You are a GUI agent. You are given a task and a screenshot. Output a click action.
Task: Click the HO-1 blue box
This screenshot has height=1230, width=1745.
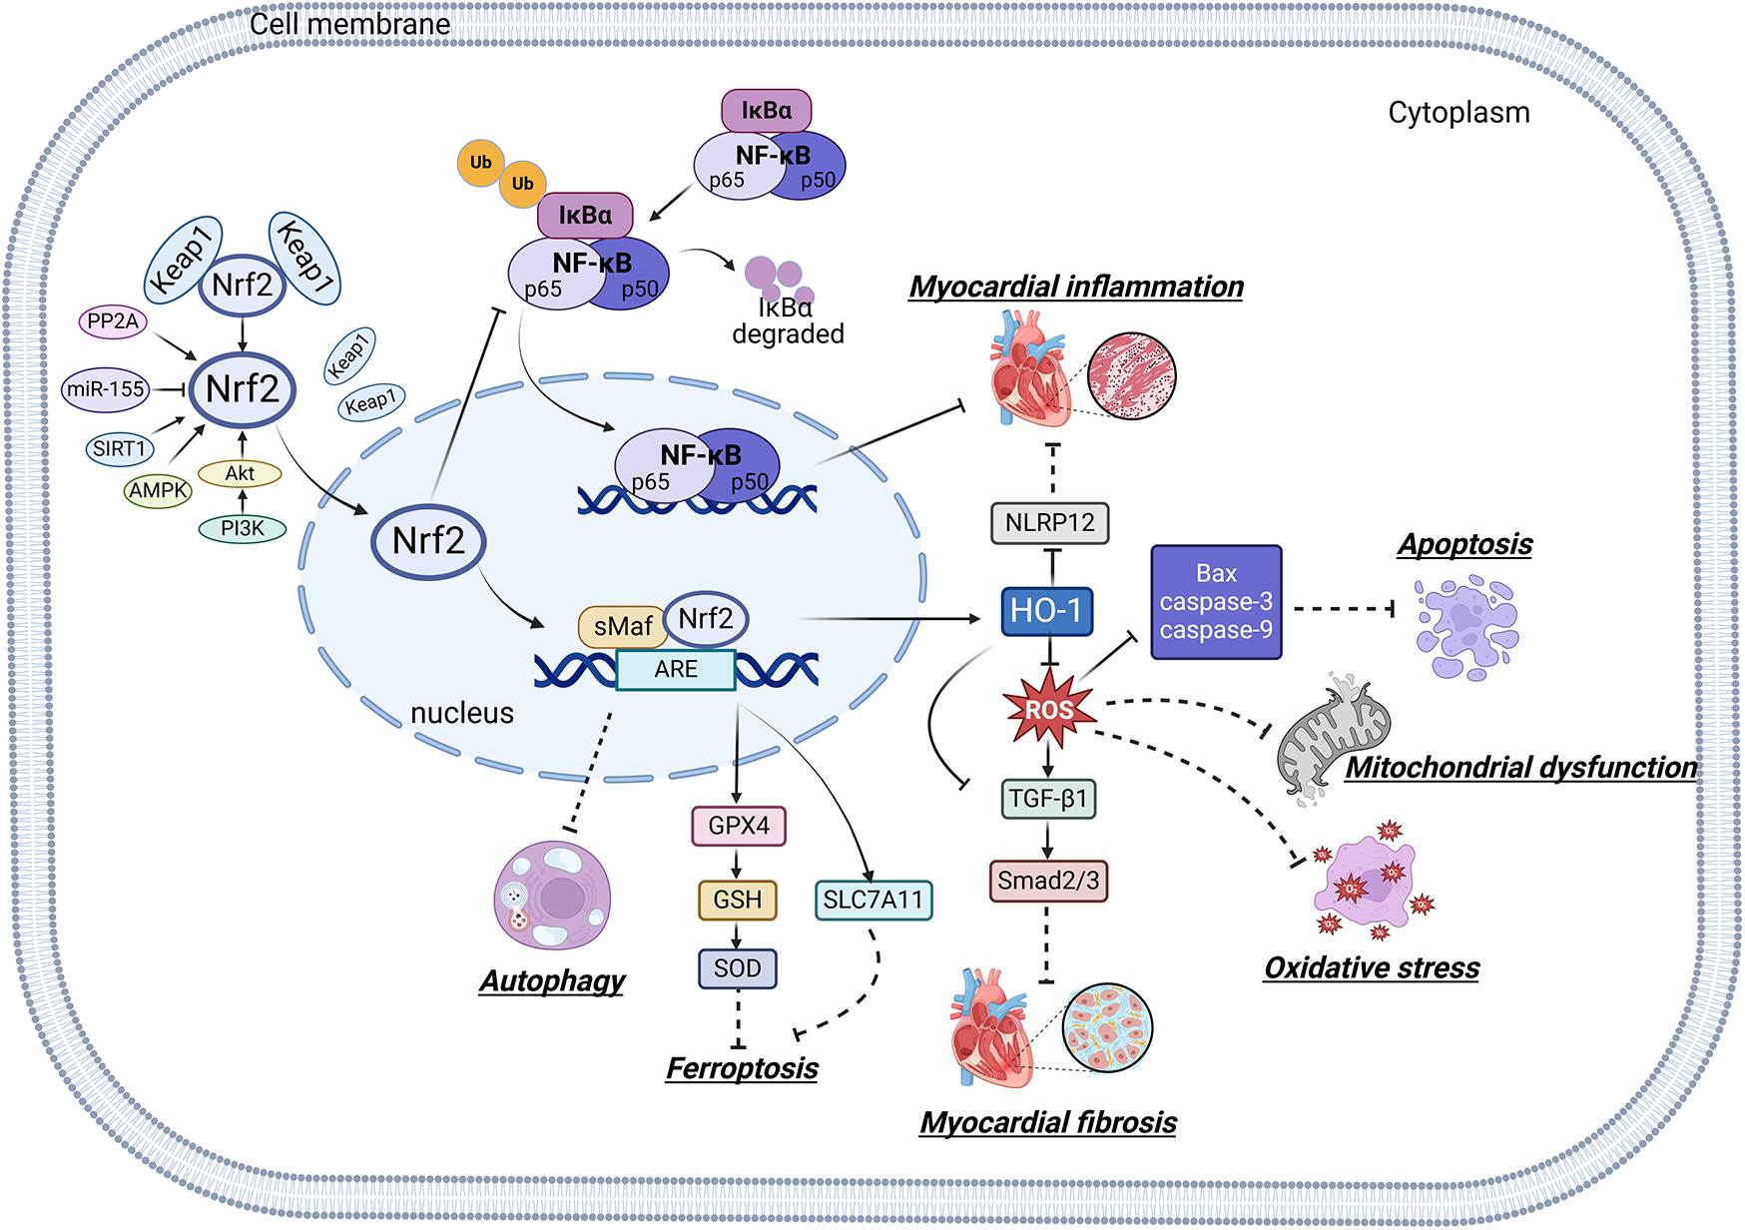coord(1046,611)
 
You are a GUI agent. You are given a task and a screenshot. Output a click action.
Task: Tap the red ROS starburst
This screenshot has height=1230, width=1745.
coord(1048,710)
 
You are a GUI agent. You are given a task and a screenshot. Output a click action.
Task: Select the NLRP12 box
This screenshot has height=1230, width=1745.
coord(1049,522)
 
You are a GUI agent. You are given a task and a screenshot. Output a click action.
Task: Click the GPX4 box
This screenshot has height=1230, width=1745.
coord(739,826)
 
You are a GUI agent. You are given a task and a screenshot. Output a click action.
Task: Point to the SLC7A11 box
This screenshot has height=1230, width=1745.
coord(873,900)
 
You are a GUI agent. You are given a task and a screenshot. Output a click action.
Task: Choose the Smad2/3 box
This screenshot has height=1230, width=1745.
coord(1048,881)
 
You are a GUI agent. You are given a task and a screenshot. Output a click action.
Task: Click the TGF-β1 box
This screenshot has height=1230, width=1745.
coord(1048,799)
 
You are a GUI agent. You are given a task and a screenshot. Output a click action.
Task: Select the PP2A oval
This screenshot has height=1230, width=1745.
coord(113,321)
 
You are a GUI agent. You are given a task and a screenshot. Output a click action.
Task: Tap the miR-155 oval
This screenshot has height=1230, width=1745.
coord(106,389)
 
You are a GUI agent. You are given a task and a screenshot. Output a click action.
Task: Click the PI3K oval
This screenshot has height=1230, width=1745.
coord(243,528)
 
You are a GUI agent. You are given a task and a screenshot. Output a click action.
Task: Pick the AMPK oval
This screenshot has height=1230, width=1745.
coord(158,490)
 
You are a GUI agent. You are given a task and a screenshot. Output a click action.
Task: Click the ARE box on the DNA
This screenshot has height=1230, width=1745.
coord(676,670)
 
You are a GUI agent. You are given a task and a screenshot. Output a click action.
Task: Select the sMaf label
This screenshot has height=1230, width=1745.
coord(622,627)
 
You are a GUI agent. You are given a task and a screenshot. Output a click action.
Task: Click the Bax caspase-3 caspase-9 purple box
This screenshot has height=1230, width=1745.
coord(1216,602)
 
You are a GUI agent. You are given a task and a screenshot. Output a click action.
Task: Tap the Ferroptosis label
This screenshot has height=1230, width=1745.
coord(742,1068)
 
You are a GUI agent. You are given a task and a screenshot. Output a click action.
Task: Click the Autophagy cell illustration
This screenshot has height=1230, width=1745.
coord(552,895)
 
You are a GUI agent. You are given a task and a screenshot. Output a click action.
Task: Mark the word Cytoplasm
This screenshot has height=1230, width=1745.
coord(1458,113)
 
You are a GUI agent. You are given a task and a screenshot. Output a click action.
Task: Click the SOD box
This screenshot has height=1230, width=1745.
coord(737,968)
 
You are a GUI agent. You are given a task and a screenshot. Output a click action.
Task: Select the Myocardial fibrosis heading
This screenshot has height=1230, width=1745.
coord(1048,1122)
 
